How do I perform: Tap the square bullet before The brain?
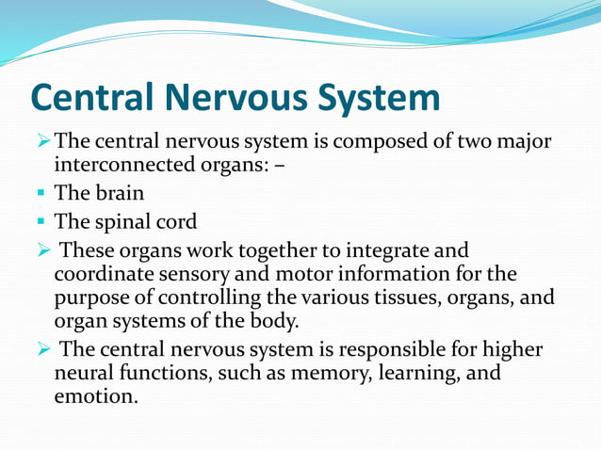point(42,195)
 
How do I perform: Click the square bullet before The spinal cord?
point(42,223)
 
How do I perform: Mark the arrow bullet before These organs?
point(42,251)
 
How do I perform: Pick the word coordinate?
point(101,275)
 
